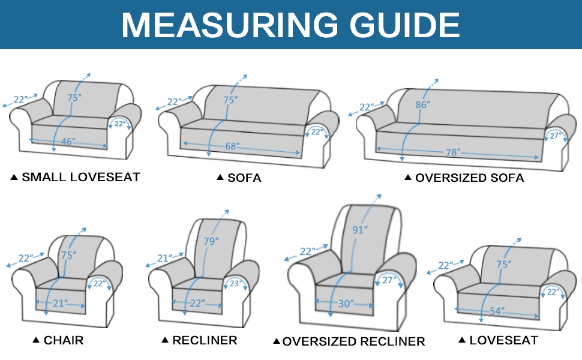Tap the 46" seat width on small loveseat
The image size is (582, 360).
pyautogui.click(x=68, y=142)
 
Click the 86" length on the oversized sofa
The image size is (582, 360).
pyautogui.click(x=422, y=104)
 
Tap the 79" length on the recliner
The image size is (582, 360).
pyautogui.click(x=211, y=241)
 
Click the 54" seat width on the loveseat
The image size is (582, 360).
pyautogui.click(x=496, y=311)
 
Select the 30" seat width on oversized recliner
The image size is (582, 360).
pyautogui.click(x=346, y=304)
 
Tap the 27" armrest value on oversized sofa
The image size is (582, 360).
pyautogui.click(x=556, y=136)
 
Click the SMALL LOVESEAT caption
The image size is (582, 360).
pyautogui.click(x=80, y=177)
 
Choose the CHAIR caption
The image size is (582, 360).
pyautogui.click(x=63, y=340)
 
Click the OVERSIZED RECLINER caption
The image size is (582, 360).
pyautogui.click(x=353, y=341)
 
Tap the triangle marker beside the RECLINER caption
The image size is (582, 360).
pyautogui.click(x=165, y=340)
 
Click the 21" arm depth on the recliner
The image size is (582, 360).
pyautogui.click(x=164, y=258)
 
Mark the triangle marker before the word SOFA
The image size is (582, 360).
pyautogui.click(x=220, y=178)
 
